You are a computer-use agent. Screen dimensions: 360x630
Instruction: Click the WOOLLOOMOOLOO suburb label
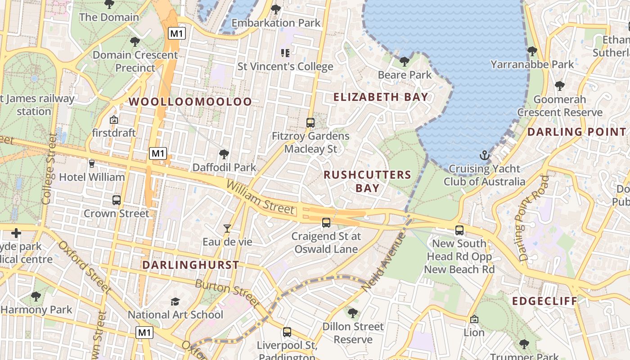190,102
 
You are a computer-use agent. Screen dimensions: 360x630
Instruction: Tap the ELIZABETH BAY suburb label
381,97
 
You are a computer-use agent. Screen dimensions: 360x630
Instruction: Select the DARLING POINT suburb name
576,132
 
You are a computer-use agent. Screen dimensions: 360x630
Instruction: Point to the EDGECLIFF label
544,301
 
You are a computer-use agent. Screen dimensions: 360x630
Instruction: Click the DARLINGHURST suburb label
191,265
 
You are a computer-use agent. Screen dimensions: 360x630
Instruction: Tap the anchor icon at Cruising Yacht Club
485,156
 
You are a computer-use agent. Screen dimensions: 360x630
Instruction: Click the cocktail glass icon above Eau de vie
227,229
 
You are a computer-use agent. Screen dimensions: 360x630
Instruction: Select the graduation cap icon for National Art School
175,301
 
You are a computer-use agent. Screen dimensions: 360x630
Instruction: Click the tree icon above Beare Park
404,61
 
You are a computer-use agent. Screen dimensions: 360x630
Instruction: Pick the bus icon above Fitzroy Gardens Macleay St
310,122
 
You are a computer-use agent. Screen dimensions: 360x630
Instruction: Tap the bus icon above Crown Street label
116,200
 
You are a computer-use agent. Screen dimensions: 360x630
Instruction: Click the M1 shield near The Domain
177,33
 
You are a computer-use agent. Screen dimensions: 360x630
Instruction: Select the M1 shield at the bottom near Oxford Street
144,333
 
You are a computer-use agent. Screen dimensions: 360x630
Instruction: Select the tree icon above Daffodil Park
224,154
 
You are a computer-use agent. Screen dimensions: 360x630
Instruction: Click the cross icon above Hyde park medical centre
16,233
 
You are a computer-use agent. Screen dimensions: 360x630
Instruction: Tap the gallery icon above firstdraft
114,120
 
